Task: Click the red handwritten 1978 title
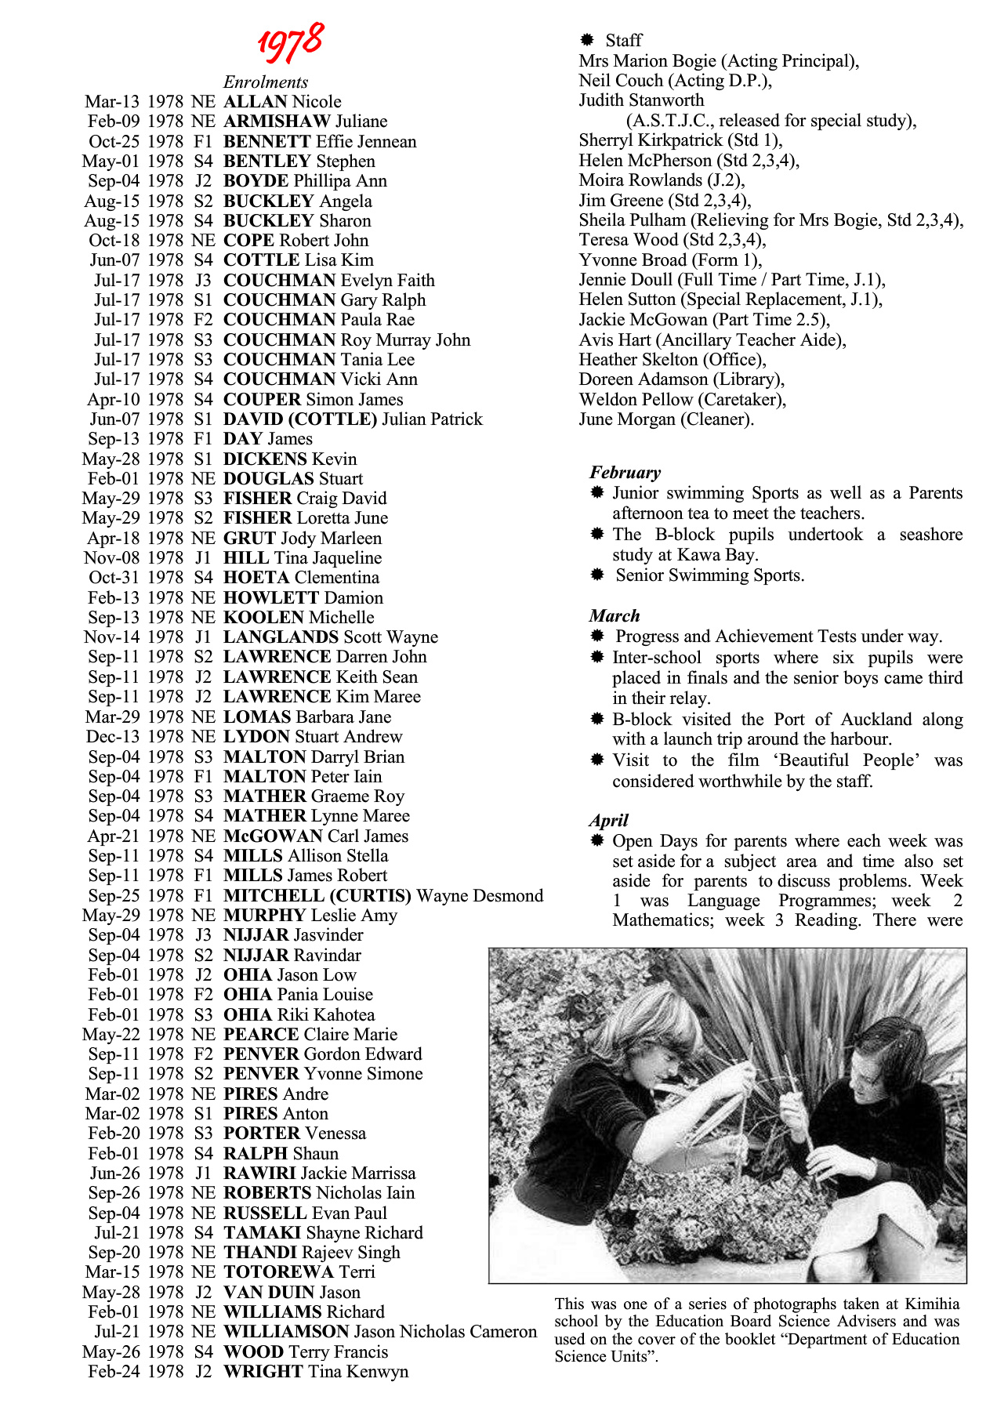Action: point(291,42)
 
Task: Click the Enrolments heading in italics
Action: point(266,82)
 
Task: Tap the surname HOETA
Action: point(256,578)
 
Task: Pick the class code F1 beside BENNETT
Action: point(203,142)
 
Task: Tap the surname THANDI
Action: point(259,1253)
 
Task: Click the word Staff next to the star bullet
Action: point(623,40)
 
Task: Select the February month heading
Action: point(625,473)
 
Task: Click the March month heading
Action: point(615,616)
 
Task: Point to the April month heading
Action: point(609,821)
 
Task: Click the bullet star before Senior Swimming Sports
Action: point(597,575)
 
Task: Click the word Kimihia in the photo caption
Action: point(932,1304)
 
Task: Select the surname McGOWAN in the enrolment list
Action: point(273,836)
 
